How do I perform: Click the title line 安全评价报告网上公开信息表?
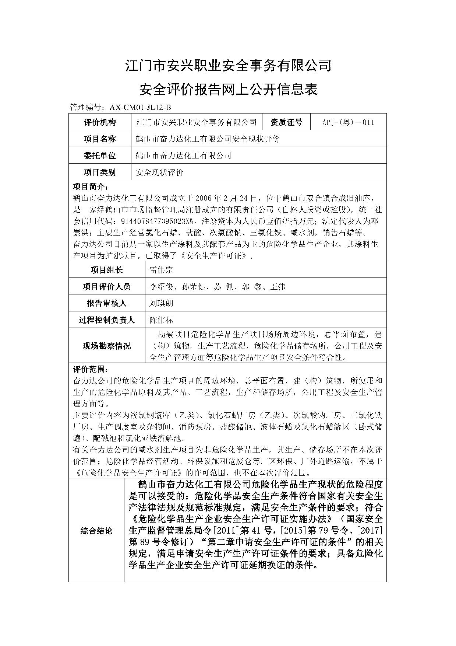click(x=228, y=90)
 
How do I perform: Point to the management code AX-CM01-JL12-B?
click(x=140, y=108)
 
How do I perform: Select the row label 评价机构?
click(x=100, y=122)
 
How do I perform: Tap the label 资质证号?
click(x=286, y=122)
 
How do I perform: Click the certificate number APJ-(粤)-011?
click(x=348, y=122)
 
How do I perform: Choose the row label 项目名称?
click(x=100, y=139)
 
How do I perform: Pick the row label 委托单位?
click(x=100, y=156)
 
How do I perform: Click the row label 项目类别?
click(x=100, y=172)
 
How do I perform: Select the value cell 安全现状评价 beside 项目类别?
click(x=160, y=172)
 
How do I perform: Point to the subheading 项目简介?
click(x=90, y=186)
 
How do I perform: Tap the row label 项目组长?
click(x=107, y=270)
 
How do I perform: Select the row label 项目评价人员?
click(x=107, y=287)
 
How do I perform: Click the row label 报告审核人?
click(x=107, y=303)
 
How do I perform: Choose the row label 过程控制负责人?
click(x=107, y=320)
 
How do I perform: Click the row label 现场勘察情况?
click(x=107, y=346)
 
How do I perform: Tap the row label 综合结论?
click(x=96, y=531)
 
